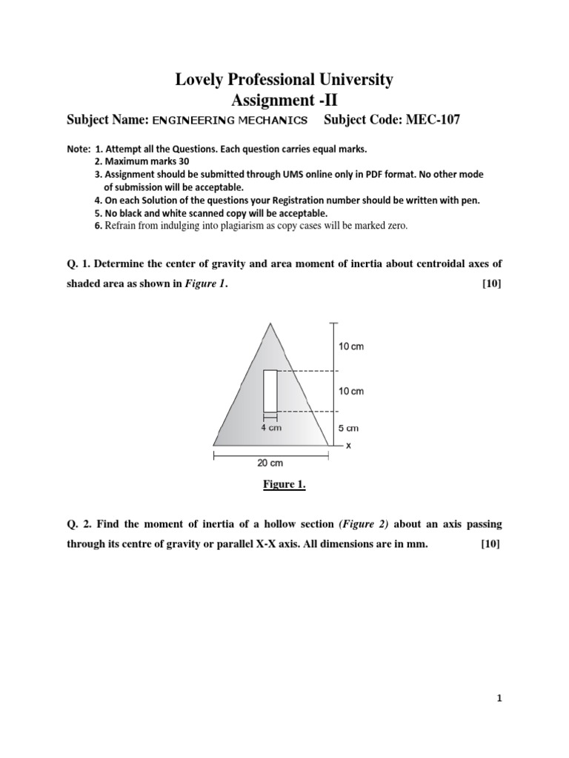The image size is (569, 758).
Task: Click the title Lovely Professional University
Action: pos(284,79)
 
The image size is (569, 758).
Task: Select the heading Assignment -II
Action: pos(284,99)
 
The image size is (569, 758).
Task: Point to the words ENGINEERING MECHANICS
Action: pos(230,121)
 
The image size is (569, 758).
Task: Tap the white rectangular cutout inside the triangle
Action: pos(270,391)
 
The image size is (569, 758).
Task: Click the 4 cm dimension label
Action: pos(270,427)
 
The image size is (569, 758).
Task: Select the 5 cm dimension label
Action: pos(349,428)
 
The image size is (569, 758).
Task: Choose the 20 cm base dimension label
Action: pos(270,463)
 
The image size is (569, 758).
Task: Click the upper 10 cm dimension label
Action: pos(351,346)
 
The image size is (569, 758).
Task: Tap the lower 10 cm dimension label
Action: pos(351,391)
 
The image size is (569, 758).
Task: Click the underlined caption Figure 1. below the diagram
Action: pos(284,485)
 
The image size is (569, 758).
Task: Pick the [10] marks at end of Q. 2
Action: pos(490,544)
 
